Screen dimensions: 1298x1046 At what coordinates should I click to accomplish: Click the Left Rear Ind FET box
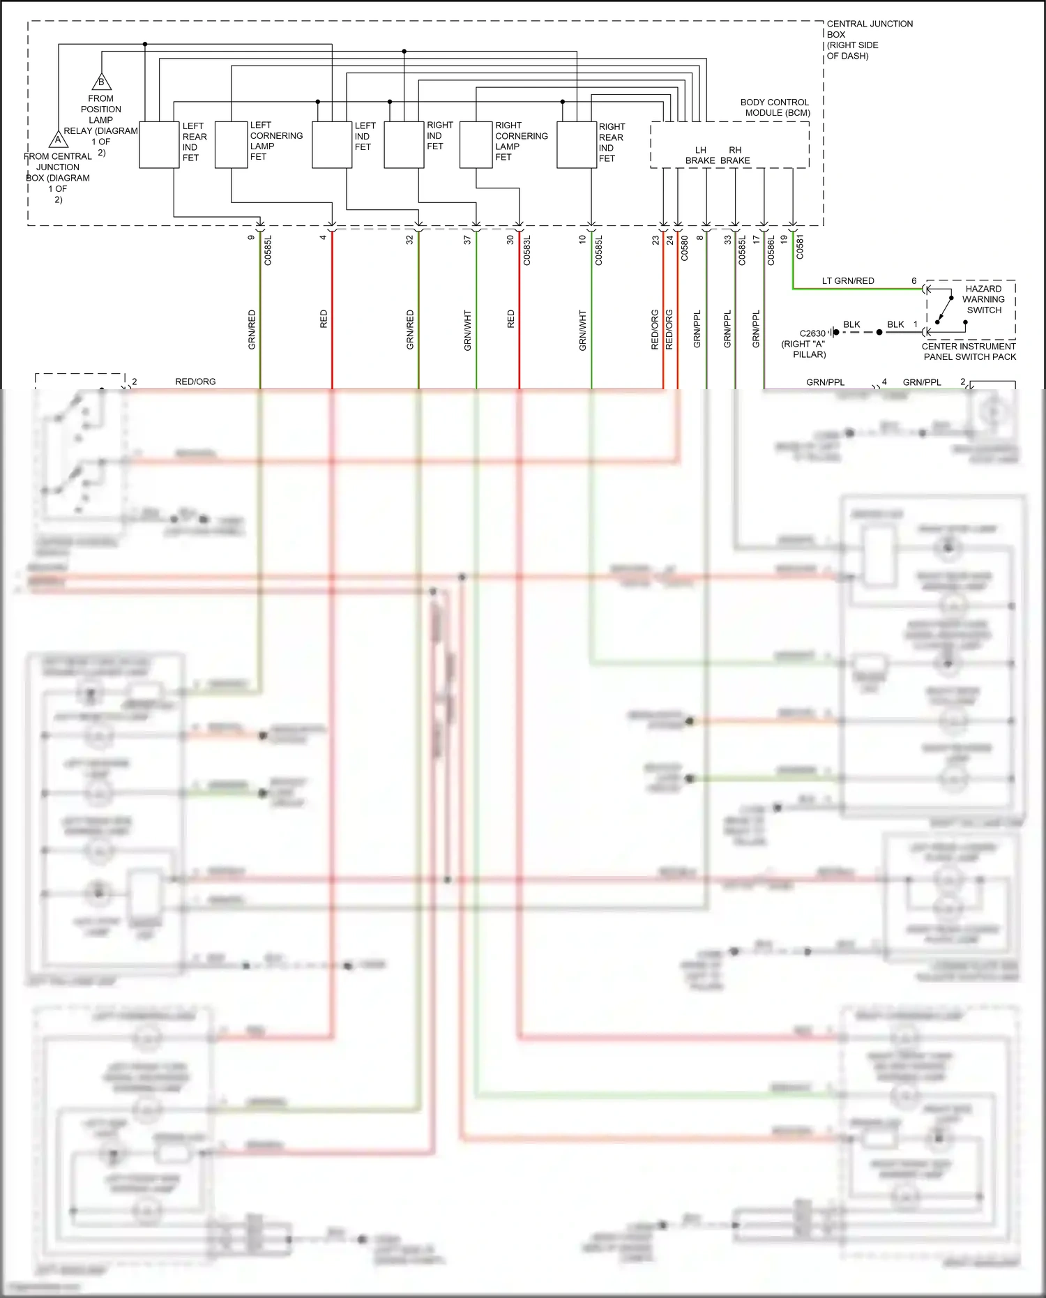coord(159,145)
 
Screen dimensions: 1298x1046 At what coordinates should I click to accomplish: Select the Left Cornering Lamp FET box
coord(231,145)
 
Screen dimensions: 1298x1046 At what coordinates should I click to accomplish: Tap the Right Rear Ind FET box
coord(576,145)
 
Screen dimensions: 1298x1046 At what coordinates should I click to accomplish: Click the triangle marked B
coord(102,82)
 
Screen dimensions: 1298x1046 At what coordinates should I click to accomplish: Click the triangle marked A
coord(59,139)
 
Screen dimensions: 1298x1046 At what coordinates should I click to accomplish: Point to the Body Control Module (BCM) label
coord(775,107)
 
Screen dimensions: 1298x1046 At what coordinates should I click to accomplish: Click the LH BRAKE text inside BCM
coord(700,156)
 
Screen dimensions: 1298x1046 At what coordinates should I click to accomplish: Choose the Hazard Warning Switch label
coord(983,299)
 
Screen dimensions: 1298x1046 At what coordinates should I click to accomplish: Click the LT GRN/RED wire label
coord(847,281)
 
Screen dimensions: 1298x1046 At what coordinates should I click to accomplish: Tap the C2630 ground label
coord(811,334)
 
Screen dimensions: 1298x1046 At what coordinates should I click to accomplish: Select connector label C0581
coord(800,247)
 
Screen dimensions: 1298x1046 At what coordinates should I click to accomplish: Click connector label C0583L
coord(527,250)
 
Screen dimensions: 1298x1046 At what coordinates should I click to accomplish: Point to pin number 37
coord(467,239)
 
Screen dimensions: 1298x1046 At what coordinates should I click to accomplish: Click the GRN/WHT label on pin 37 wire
coord(467,331)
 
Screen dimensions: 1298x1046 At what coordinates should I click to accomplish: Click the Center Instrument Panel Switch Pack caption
coord(969,352)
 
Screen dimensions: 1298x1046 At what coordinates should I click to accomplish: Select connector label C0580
coord(684,248)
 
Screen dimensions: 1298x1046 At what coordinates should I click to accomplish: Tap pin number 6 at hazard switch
coord(914,281)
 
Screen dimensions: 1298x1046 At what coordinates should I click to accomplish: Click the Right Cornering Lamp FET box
coord(476,145)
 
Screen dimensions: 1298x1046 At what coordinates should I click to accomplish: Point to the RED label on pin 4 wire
coord(324,319)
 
